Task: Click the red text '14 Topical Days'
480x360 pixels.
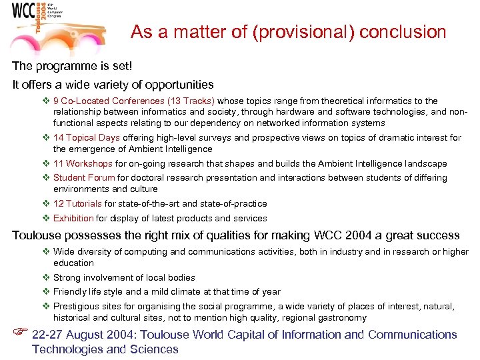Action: point(87,138)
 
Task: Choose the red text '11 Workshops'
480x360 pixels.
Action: point(83,163)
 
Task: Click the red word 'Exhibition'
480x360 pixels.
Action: point(73,218)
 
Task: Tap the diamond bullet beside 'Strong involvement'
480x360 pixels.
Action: point(46,277)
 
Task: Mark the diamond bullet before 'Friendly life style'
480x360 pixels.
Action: point(46,291)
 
